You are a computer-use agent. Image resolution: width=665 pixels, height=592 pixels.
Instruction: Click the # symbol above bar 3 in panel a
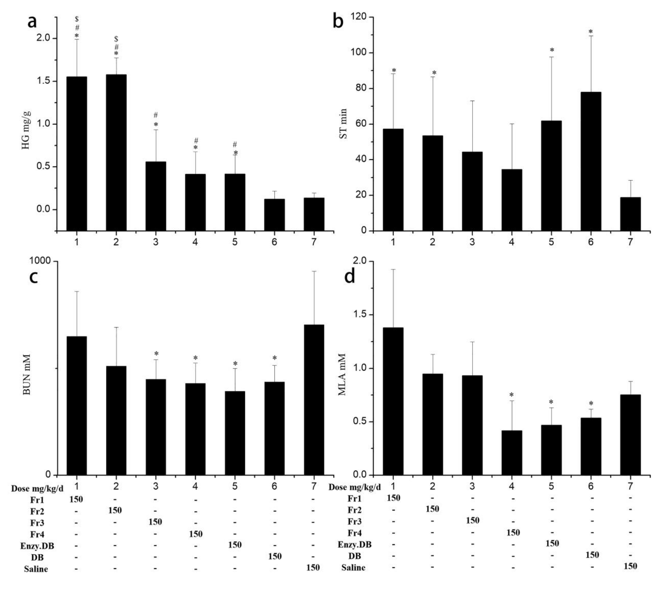tap(156, 115)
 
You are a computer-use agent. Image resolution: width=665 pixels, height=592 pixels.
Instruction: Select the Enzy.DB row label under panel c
tap(37, 546)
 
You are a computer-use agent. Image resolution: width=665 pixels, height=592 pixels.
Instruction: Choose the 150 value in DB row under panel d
tap(592, 555)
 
